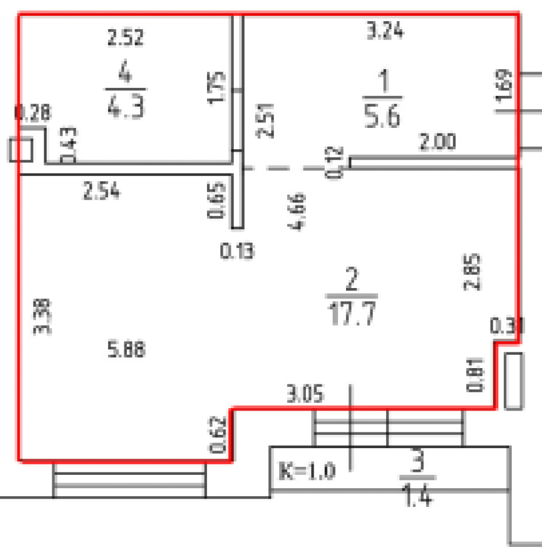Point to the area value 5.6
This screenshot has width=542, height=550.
tap(382, 115)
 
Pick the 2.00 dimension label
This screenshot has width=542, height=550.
tap(437, 143)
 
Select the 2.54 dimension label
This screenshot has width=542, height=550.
tap(102, 192)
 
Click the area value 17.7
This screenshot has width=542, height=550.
tap(352, 314)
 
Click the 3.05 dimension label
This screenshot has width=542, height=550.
tap(305, 395)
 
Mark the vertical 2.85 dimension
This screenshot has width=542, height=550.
tap(475, 272)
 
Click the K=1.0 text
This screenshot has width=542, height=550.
tap(307, 471)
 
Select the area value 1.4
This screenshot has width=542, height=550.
tap(418, 497)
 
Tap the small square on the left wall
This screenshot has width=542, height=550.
tap(21, 150)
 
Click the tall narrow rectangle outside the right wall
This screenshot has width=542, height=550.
tap(513, 381)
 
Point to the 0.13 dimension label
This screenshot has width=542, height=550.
tap(237, 249)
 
